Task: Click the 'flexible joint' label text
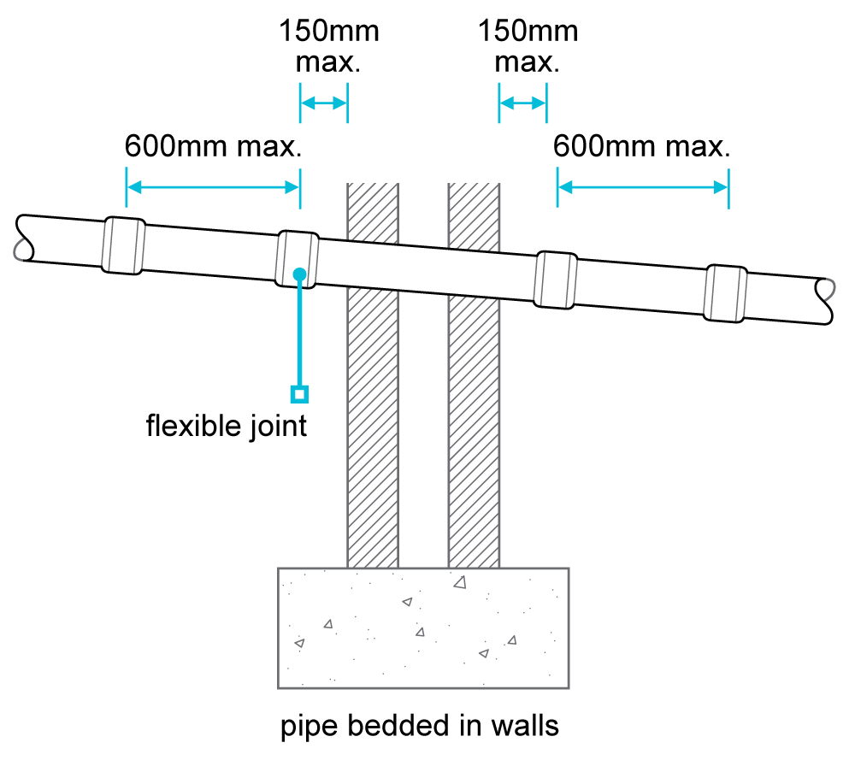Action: [226, 425]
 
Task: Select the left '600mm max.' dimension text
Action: [214, 146]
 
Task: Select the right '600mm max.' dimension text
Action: [641, 146]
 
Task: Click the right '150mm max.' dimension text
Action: [528, 48]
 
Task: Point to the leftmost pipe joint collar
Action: [123, 245]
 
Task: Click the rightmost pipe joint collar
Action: [726, 293]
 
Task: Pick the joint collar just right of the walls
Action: [554, 280]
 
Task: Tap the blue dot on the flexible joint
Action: [298, 274]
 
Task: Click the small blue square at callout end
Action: [298, 393]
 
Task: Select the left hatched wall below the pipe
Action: [372, 427]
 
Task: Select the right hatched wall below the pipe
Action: [474, 427]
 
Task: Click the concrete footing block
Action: [423, 627]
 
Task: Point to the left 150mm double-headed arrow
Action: [323, 103]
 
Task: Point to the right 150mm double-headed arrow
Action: [522, 103]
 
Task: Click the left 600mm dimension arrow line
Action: [213, 187]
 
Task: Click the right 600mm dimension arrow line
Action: [643, 187]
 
